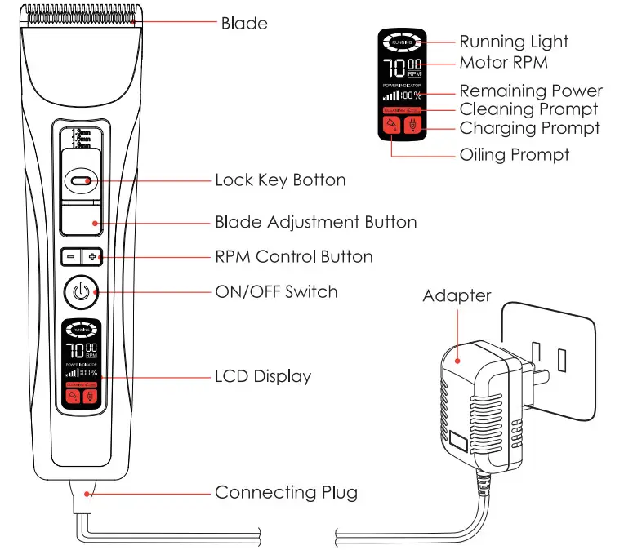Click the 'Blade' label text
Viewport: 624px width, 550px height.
tap(244, 23)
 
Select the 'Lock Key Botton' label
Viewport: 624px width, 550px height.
tap(280, 180)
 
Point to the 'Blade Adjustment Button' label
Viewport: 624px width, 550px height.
tap(315, 222)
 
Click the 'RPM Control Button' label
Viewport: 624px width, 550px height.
tap(293, 256)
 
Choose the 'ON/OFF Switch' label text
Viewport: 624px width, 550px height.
tap(276, 291)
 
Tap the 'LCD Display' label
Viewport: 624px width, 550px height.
tap(262, 376)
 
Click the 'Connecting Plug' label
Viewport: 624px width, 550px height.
tap(286, 492)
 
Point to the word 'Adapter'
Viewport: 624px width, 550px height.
tap(457, 295)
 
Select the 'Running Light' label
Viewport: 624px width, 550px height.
tap(514, 42)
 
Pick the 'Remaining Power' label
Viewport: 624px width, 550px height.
tap(531, 91)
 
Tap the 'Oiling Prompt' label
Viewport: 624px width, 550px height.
tap(515, 154)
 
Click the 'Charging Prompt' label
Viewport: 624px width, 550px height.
tap(529, 128)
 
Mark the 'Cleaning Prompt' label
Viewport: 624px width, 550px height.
tap(528, 109)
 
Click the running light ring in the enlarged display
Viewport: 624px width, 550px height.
tap(402, 42)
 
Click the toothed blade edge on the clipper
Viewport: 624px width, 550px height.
tap(80, 15)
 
